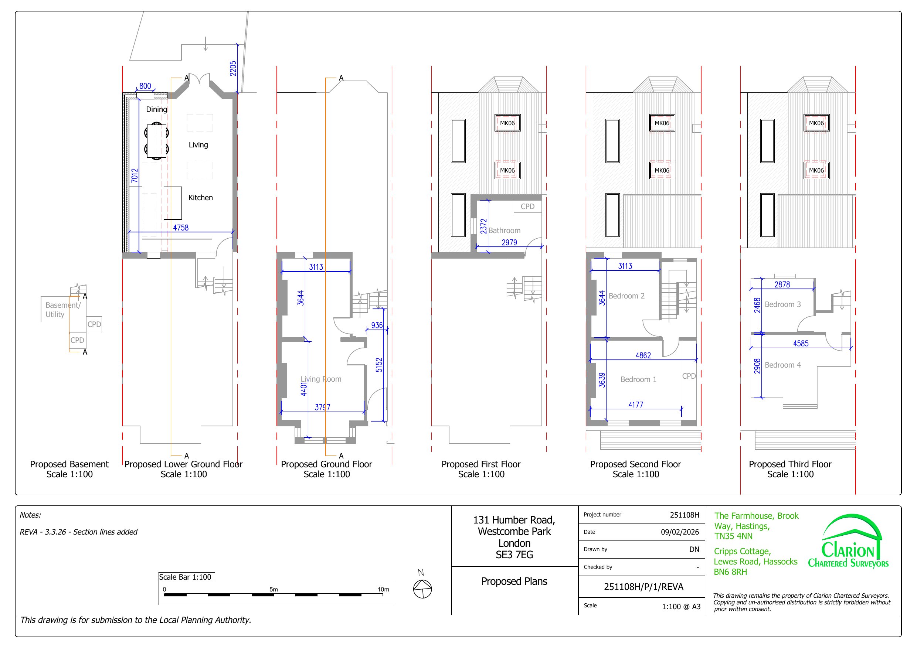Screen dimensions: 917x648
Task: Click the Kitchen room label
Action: click(x=200, y=198)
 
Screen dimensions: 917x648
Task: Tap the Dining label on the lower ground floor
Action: click(x=156, y=109)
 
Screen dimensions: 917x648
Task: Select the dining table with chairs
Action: click(x=156, y=141)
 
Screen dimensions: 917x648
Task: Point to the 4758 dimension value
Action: click(x=180, y=228)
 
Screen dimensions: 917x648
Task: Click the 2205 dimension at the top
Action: click(x=233, y=68)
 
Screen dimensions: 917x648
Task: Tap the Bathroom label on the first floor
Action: click(x=505, y=231)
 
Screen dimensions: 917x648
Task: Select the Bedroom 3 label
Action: click(x=782, y=305)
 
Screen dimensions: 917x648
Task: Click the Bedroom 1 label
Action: click(x=638, y=379)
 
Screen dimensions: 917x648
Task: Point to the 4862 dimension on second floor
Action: click(x=643, y=355)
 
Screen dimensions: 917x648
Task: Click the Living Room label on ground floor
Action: click(x=321, y=379)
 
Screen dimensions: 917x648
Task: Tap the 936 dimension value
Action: click(x=377, y=325)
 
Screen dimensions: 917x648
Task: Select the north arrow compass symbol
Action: click(x=422, y=589)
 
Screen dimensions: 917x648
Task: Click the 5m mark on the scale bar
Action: click(x=274, y=589)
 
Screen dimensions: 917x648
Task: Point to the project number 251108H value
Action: click(x=685, y=515)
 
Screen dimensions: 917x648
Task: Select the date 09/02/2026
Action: click(x=680, y=532)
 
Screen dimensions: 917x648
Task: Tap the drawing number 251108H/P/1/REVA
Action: click(x=643, y=587)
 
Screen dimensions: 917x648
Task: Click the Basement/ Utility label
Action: click(x=63, y=310)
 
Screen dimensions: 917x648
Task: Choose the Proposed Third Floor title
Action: click(x=790, y=464)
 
